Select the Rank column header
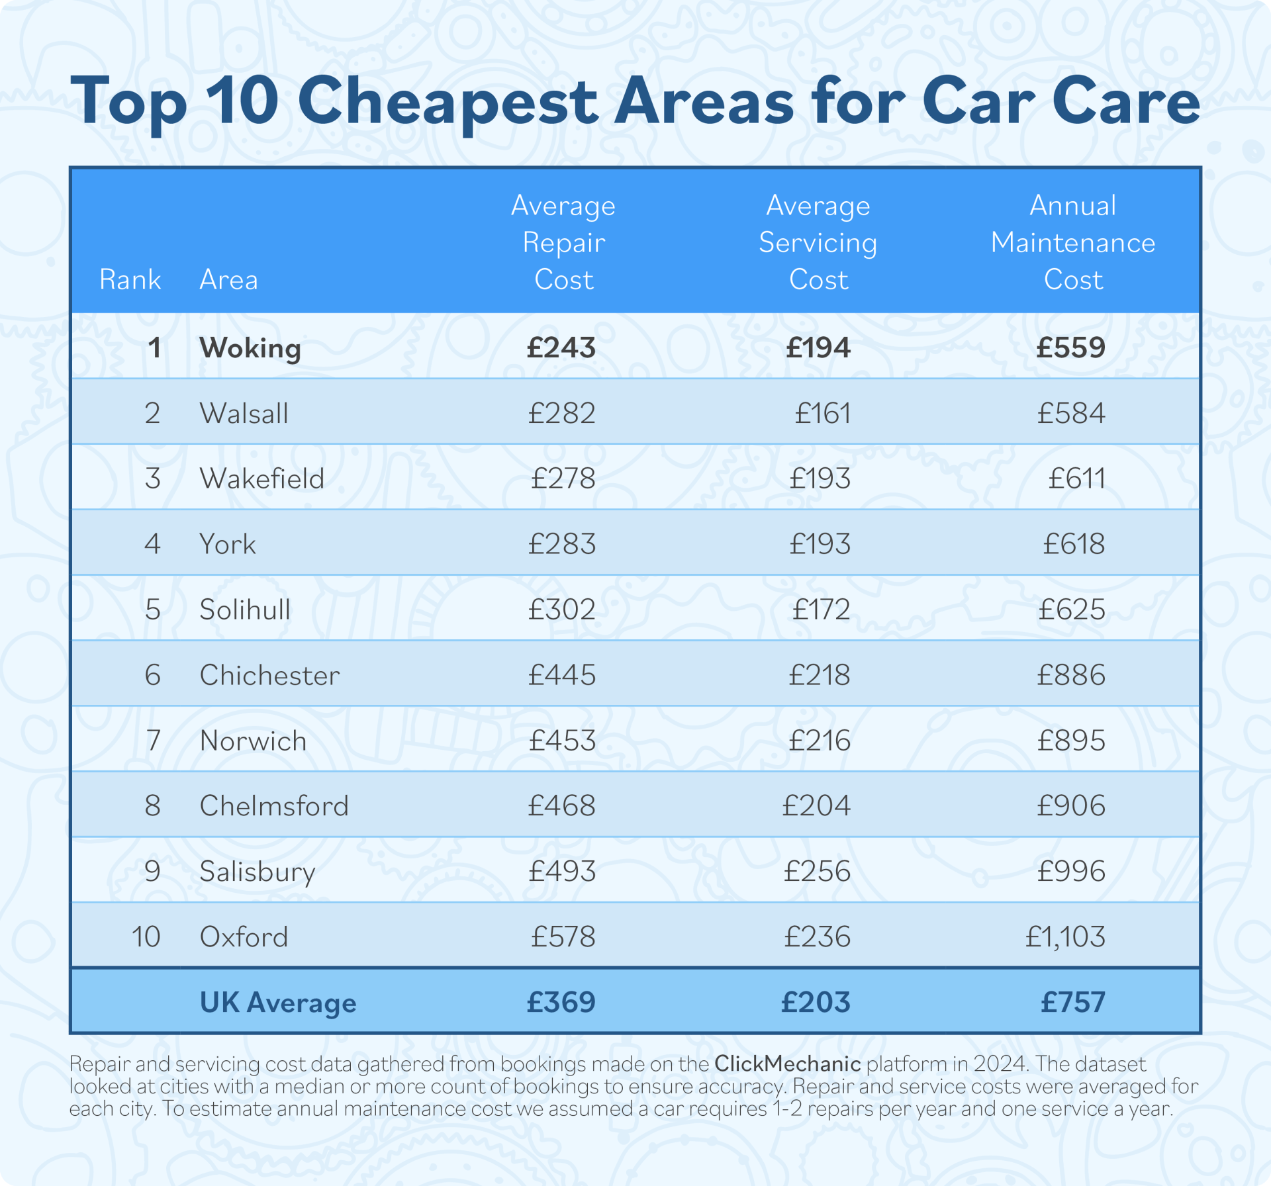tap(130, 280)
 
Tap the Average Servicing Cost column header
tap(818, 243)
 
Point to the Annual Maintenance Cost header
tap(1072, 243)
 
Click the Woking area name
tap(250, 348)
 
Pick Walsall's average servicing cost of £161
tap(822, 414)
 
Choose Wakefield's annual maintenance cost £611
tap(1076, 479)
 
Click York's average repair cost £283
tap(561, 544)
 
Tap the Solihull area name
tap(245, 610)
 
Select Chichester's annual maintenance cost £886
tap(1071, 675)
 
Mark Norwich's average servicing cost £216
tap(819, 741)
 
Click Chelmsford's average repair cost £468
tap(561, 806)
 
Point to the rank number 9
tap(152, 871)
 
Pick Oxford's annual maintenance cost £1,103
tap(1065, 937)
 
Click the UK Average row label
tap(278, 1003)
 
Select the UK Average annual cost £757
tap(1072, 1003)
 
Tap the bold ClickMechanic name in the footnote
tap(787, 1064)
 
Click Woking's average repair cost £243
tap(561, 348)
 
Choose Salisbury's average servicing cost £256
tap(817, 871)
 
